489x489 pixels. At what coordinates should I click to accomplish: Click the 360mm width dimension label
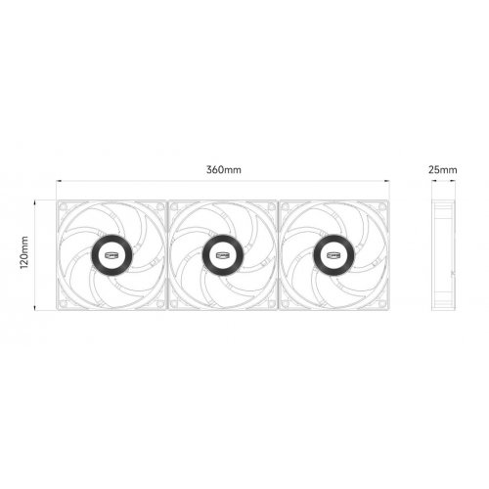coord(223,169)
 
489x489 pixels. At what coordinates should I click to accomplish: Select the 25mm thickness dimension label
coord(442,169)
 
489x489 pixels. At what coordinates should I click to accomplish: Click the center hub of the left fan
coord(111,256)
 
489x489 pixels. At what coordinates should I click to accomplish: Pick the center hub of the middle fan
coord(223,256)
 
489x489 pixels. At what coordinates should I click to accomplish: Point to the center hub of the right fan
coord(333,256)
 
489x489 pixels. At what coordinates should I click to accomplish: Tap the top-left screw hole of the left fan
coord(64,208)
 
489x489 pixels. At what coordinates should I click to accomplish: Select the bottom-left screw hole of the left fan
coord(64,304)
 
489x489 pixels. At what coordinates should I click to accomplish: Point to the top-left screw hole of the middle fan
coord(175,208)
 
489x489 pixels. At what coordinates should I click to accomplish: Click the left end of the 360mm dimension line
coord(57,181)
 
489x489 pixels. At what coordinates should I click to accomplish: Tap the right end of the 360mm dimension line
coord(388,181)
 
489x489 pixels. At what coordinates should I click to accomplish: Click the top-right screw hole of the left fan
coord(159,208)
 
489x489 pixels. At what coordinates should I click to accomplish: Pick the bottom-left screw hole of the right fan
coord(286,304)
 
